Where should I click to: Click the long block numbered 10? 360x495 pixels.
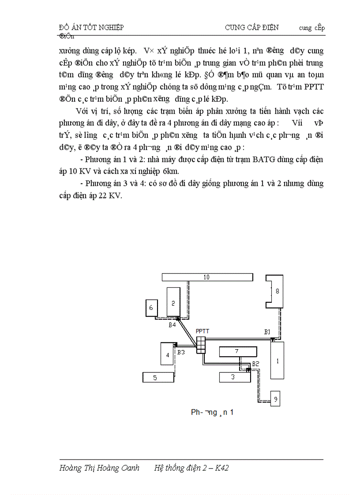click(207, 277)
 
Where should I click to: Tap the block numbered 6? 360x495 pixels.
click(151, 308)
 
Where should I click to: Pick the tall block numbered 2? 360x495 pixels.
click(173, 302)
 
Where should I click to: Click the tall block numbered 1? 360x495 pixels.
click(277, 360)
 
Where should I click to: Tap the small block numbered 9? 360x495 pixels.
click(275, 398)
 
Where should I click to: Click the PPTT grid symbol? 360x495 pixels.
click(201, 345)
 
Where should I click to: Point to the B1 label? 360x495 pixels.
click(267, 331)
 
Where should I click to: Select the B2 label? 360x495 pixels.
click(255, 364)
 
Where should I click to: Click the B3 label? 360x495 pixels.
click(181, 352)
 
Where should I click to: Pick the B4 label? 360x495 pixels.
click(172, 325)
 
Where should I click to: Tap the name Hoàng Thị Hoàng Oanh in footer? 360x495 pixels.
click(99, 468)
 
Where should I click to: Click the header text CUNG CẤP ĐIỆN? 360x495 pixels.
click(251, 27)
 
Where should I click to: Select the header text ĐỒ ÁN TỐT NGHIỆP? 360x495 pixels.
click(91, 27)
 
